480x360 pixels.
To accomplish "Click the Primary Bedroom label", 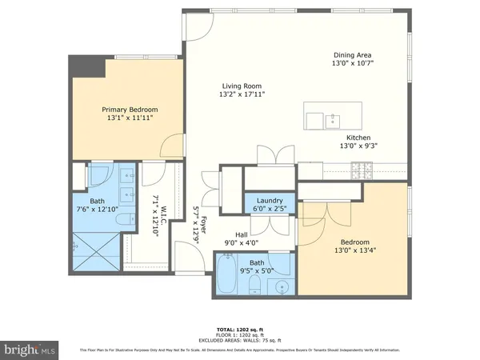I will click(x=129, y=109).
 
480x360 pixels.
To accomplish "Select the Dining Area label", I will click(x=354, y=54).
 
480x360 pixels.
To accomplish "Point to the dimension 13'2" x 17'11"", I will click(x=242, y=94).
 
